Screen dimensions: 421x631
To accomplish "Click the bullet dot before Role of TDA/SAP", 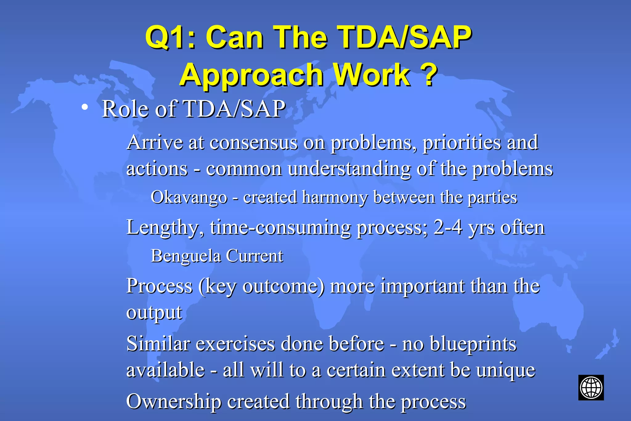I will click(x=85, y=107).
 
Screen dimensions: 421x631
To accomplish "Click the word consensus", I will click(x=254, y=143).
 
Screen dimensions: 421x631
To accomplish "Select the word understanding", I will click(x=349, y=169).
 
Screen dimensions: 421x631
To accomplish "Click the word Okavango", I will click(x=189, y=197).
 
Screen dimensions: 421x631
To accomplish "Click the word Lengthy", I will click(x=165, y=228).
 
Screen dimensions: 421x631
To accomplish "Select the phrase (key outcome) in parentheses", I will click(x=261, y=286).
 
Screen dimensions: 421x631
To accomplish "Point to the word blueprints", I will click(x=473, y=344).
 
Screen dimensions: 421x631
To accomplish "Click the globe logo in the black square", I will click(x=591, y=387).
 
